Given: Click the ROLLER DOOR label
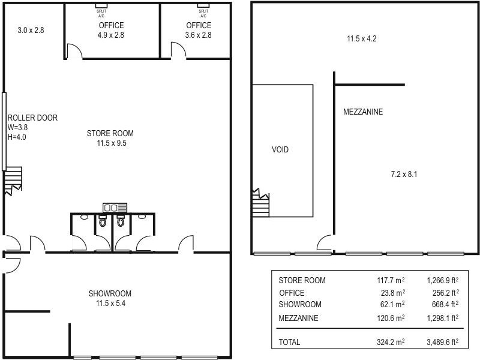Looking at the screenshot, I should (32, 118).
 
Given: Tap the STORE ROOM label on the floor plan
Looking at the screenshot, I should (110, 133).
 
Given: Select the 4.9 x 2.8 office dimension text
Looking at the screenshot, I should (110, 35).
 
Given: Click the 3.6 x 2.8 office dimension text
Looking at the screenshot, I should (199, 35).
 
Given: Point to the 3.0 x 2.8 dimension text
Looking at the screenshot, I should (31, 30).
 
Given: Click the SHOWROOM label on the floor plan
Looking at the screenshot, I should (110, 293).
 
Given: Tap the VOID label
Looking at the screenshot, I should (280, 149).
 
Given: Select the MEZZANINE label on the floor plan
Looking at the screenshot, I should (363, 112).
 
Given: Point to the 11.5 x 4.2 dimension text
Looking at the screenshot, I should (362, 40).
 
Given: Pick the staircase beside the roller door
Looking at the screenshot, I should (13, 179).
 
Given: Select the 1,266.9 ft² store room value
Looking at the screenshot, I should (443, 280).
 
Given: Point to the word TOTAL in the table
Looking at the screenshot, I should (290, 342).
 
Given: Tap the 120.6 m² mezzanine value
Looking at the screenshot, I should (389, 318).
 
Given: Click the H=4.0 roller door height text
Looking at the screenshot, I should (17, 137).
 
